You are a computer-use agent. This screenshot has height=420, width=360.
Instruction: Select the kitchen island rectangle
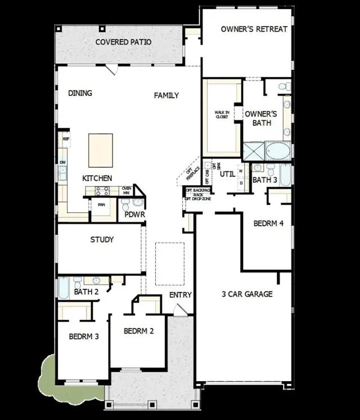coord(100,150)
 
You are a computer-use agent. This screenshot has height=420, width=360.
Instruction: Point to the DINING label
coord(80,93)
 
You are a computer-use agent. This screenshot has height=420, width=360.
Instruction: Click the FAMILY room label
coord(166,96)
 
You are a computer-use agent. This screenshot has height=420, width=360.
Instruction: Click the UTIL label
coord(227,174)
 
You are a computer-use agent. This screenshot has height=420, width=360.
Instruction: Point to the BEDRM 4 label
coord(268,224)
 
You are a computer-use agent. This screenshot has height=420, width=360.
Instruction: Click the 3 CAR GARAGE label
coord(246,294)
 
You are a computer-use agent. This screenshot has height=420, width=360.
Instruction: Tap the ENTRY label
coord(181,295)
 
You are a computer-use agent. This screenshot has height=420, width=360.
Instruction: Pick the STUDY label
coord(102,240)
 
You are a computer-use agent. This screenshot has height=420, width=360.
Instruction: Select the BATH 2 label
coord(86,292)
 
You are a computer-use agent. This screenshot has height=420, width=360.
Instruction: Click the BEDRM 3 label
coord(84,337)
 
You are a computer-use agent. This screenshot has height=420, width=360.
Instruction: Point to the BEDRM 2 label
coord(138,331)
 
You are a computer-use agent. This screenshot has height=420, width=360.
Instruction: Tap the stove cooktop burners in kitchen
coord(102,191)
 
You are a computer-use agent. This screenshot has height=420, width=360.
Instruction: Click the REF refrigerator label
coord(66,138)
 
